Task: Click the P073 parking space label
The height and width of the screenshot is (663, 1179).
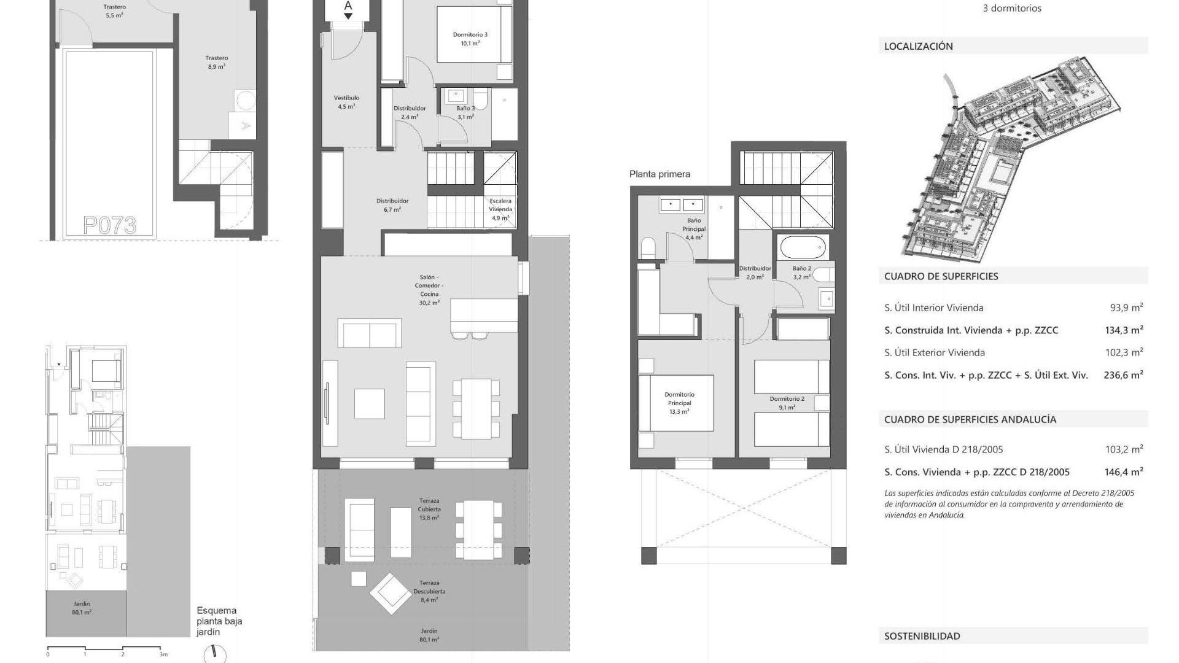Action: pyautogui.click(x=109, y=226)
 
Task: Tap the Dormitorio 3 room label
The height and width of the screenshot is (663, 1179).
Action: pyautogui.click(x=470, y=39)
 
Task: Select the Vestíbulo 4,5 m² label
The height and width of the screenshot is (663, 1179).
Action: pyautogui.click(x=346, y=102)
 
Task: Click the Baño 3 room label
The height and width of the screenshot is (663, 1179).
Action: pyautogui.click(x=465, y=112)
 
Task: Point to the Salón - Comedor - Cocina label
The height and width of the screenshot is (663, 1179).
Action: pyautogui.click(x=429, y=290)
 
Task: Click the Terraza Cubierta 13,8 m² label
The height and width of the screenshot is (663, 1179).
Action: pyautogui.click(x=429, y=509)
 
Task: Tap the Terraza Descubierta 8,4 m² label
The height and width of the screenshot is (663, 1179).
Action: pyautogui.click(x=429, y=591)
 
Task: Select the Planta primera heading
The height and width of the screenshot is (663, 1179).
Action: pyautogui.click(x=660, y=174)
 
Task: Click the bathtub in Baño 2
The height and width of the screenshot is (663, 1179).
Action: pyautogui.click(x=801, y=248)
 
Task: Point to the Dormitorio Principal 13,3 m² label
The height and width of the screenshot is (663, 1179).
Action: pyautogui.click(x=679, y=403)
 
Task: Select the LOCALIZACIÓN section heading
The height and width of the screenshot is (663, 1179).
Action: pyautogui.click(x=918, y=46)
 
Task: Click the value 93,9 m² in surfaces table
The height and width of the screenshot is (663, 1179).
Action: pyautogui.click(x=1126, y=308)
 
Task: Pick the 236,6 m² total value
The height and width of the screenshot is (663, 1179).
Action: pyautogui.click(x=1123, y=374)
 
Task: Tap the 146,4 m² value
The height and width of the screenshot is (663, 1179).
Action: pyautogui.click(x=1124, y=472)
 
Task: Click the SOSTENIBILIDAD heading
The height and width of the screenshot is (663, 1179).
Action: pyautogui.click(x=922, y=637)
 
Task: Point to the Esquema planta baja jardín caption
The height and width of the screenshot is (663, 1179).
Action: pyautogui.click(x=219, y=621)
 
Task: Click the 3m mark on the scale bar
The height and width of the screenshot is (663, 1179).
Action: pyautogui.click(x=163, y=654)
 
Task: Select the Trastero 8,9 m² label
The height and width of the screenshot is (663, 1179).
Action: pyautogui.click(x=217, y=62)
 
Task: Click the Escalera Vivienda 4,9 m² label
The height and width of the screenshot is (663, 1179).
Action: pyautogui.click(x=500, y=209)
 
